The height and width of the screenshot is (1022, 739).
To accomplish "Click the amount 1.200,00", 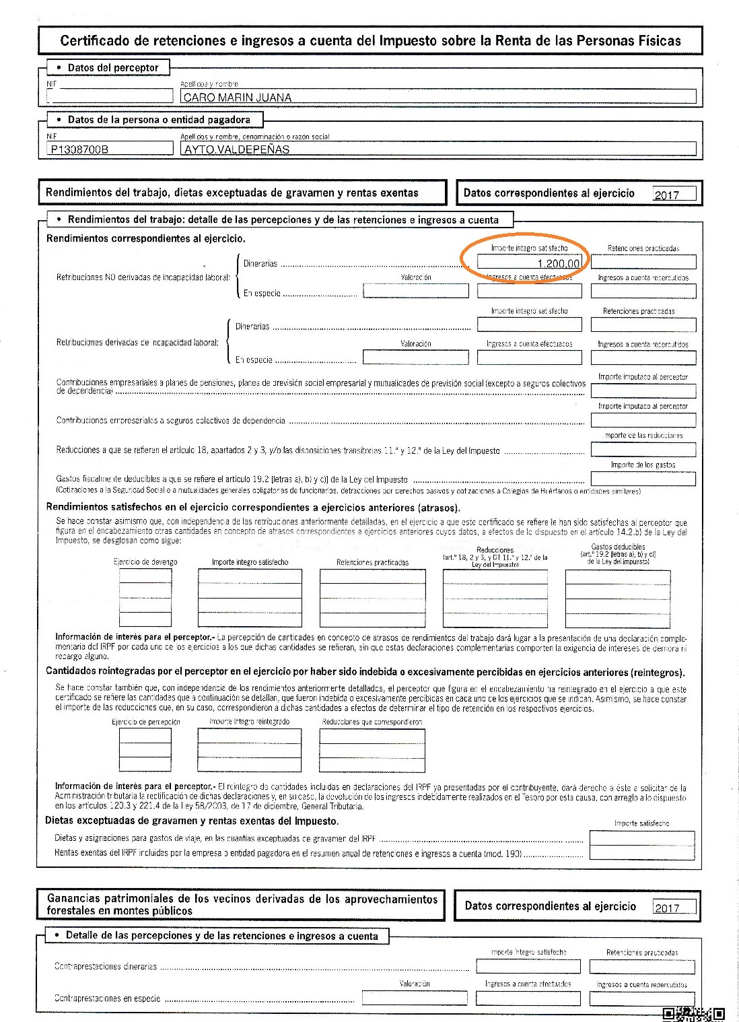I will coord(558,264).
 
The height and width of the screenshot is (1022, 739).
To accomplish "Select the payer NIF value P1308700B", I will coord(79,149).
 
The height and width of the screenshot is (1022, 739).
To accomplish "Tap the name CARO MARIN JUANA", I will coord(237,98).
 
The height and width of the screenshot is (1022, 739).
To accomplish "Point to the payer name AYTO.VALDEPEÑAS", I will coord(236,149).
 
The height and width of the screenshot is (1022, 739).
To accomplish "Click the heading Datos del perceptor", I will coord(112,67).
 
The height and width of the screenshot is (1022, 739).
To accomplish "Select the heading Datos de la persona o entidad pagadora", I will coord(158,120).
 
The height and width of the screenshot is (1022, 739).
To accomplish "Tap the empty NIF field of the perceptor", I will coord(110,97).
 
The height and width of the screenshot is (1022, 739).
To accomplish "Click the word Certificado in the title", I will coord(94,40).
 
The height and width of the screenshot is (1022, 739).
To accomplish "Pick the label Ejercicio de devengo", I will coord(145,562).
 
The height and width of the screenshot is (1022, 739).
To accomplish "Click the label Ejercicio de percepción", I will coord(146,722).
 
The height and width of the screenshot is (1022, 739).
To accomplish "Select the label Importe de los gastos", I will coord(643,465).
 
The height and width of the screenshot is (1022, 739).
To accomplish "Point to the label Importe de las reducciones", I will coord(643,436).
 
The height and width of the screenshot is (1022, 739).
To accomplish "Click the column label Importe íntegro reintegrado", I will coord(249,722).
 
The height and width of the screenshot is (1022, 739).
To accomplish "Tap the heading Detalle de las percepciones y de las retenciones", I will coord(222,936).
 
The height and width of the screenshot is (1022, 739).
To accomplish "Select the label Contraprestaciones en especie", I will coord(107,998).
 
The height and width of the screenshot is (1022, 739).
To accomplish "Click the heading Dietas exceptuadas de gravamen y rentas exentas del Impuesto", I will coord(192,821).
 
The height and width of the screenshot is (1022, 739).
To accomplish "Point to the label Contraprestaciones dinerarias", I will coord(106,966).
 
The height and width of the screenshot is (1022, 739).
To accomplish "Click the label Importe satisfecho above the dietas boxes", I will coord(641,823).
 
